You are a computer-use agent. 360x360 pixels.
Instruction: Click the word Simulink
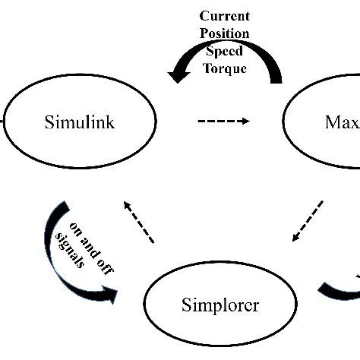pos(79,122)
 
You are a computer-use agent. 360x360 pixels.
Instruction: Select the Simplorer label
pos(220,305)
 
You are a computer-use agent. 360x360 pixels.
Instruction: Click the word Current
pos(225,16)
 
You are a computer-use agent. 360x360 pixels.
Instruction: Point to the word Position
pos(225,34)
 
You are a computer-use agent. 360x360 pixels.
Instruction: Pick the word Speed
pos(225,52)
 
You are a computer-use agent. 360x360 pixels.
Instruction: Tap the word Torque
pos(225,68)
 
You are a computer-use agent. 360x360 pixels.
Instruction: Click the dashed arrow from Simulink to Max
pos(223,122)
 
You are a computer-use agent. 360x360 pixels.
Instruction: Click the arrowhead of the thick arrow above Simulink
pos(179,74)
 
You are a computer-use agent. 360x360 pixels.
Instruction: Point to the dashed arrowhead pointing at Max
pos(245,122)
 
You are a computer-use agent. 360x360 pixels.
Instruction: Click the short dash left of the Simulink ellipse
pos(2,122)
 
